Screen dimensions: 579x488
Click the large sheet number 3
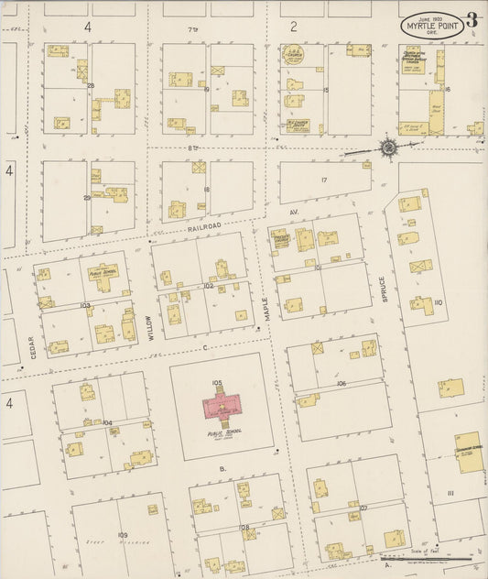(x=472, y=21)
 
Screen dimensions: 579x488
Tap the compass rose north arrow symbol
(x=388, y=146)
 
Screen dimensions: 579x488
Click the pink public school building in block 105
(x=224, y=404)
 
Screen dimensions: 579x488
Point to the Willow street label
(x=150, y=328)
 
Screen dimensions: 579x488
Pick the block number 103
(x=85, y=304)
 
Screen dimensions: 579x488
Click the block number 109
(x=122, y=534)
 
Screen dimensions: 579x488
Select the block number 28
(x=91, y=85)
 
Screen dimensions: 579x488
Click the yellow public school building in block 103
(x=103, y=276)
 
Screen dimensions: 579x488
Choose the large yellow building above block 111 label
(x=470, y=451)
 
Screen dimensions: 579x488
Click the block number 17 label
(x=323, y=180)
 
